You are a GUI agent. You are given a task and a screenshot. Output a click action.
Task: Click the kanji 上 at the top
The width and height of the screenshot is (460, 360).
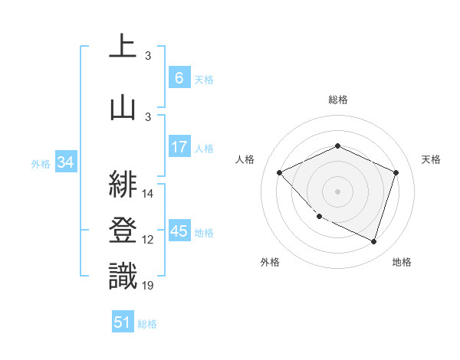click(123, 45)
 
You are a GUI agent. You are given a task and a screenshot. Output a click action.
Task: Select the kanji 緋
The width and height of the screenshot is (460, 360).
click(123, 183)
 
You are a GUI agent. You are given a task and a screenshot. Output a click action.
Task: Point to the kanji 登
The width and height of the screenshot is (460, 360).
click(123, 229)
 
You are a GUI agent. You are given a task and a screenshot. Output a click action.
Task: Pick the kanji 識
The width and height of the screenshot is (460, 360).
click(123, 276)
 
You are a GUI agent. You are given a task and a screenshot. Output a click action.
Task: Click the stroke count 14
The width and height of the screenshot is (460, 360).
click(149, 194)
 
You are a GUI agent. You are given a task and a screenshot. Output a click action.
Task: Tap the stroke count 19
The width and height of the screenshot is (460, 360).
click(149, 286)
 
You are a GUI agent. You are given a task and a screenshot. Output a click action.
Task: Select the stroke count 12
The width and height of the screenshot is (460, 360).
click(149, 240)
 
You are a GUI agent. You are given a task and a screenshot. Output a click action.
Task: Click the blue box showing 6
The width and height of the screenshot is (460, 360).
click(179, 77)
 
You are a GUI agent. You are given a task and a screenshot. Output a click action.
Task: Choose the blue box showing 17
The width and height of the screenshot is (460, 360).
click(179, 147)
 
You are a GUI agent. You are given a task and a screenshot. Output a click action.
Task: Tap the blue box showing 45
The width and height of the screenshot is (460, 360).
click(179, 231)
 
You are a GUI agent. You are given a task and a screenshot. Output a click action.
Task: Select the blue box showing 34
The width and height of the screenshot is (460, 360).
click(65, 162)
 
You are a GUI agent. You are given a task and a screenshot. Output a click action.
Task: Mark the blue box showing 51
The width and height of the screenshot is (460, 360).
click(123, 322)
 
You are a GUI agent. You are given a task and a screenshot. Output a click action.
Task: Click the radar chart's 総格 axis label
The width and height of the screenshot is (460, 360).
click(338, 100)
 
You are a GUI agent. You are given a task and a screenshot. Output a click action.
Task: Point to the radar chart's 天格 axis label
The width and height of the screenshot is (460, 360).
click(431, 159)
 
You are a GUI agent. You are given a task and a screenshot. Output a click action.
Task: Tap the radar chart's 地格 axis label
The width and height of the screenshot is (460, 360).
click(402, 262)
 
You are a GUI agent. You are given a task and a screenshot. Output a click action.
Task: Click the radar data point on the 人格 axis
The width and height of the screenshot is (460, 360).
click(280, 172)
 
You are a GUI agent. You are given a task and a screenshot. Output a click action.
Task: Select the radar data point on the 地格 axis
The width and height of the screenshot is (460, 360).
click(373, 242)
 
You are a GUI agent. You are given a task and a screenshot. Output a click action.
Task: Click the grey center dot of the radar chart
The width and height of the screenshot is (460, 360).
click(337, 191)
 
